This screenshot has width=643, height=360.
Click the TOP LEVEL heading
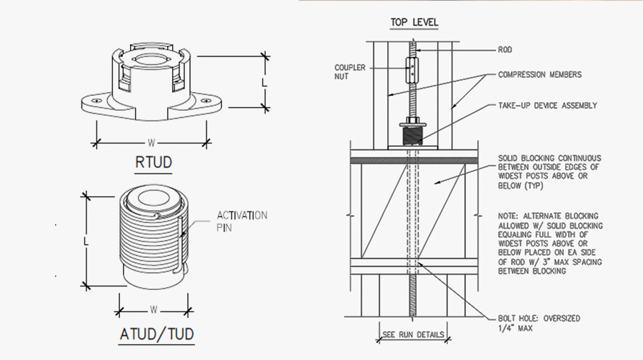(414, 22)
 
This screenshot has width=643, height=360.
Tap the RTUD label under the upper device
(153, 162)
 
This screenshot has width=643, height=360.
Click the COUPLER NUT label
(350, 71)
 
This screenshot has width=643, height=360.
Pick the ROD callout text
(504, 50)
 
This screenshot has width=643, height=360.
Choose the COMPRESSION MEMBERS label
(539, 74)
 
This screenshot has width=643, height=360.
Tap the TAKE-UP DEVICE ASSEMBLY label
(547, 106)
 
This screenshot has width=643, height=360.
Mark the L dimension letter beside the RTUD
(264, 83)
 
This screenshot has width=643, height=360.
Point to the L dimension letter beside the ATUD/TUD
(85, 241)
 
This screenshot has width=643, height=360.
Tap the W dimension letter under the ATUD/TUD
(154, 309)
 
